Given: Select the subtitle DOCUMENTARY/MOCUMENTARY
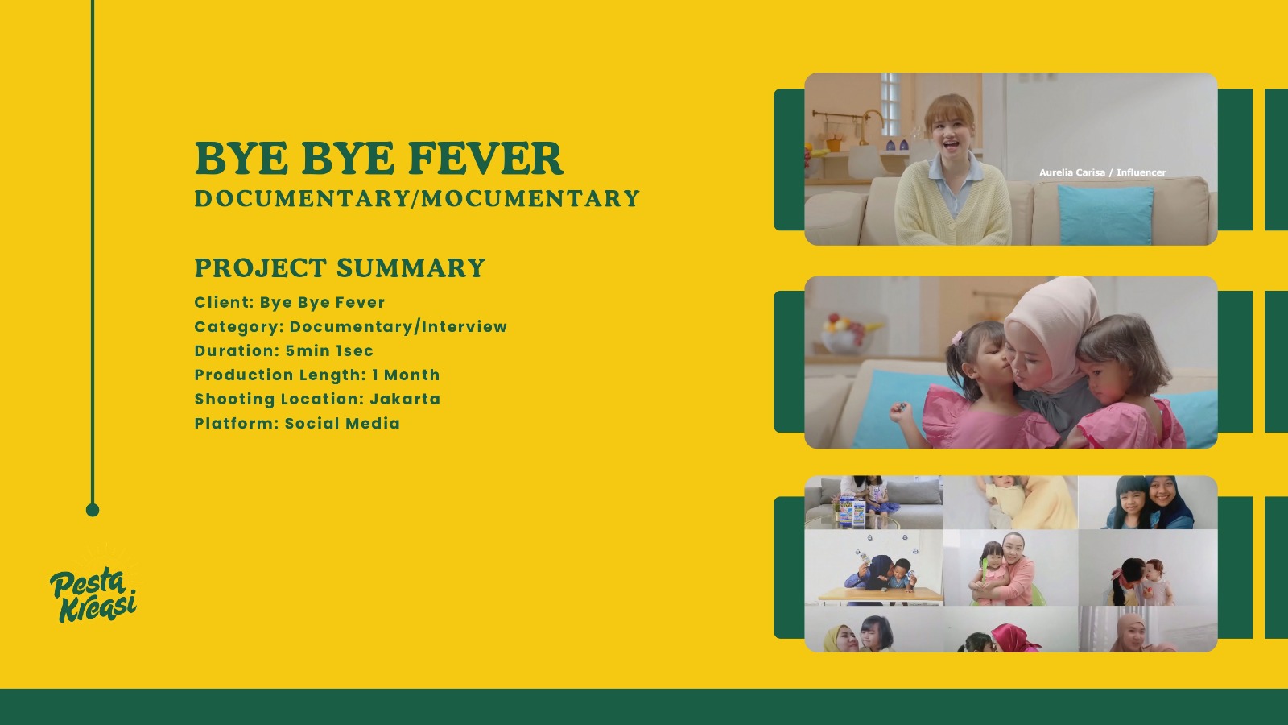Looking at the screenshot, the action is (417, 198).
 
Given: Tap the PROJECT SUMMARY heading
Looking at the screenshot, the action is (340, 268).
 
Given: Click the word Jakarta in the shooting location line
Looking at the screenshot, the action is (405, 399).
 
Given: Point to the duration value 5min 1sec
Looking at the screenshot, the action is (329, 350).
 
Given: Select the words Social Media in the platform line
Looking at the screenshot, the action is (342, 423).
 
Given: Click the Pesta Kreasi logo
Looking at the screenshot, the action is (93, 594).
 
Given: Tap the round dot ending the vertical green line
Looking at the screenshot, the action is (93, 510).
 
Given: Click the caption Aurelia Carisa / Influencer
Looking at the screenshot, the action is (1102, 172).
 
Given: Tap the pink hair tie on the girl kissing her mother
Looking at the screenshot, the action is (957, 338).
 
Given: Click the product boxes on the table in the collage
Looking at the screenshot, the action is (852, 512).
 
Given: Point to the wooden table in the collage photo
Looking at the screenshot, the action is (880, 595).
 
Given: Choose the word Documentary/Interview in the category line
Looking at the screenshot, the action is (398, 327).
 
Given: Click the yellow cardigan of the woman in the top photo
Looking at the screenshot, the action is (952, 205).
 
